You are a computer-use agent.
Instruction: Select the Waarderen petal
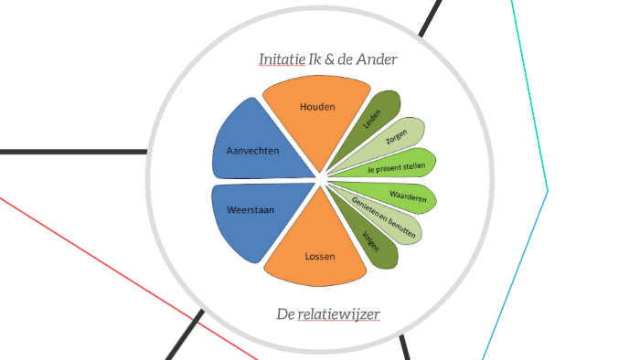pos(402,196)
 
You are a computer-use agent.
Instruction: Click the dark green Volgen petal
pos(375,243)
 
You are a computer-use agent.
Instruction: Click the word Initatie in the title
pos(282,59)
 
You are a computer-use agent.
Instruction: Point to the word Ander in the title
pos(377,59)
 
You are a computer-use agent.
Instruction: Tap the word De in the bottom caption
pos(284,314)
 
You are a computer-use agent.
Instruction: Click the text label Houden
pos(317,107)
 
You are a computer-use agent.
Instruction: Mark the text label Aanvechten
pos(252,150)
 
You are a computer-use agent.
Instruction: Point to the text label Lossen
pos(319,256)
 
